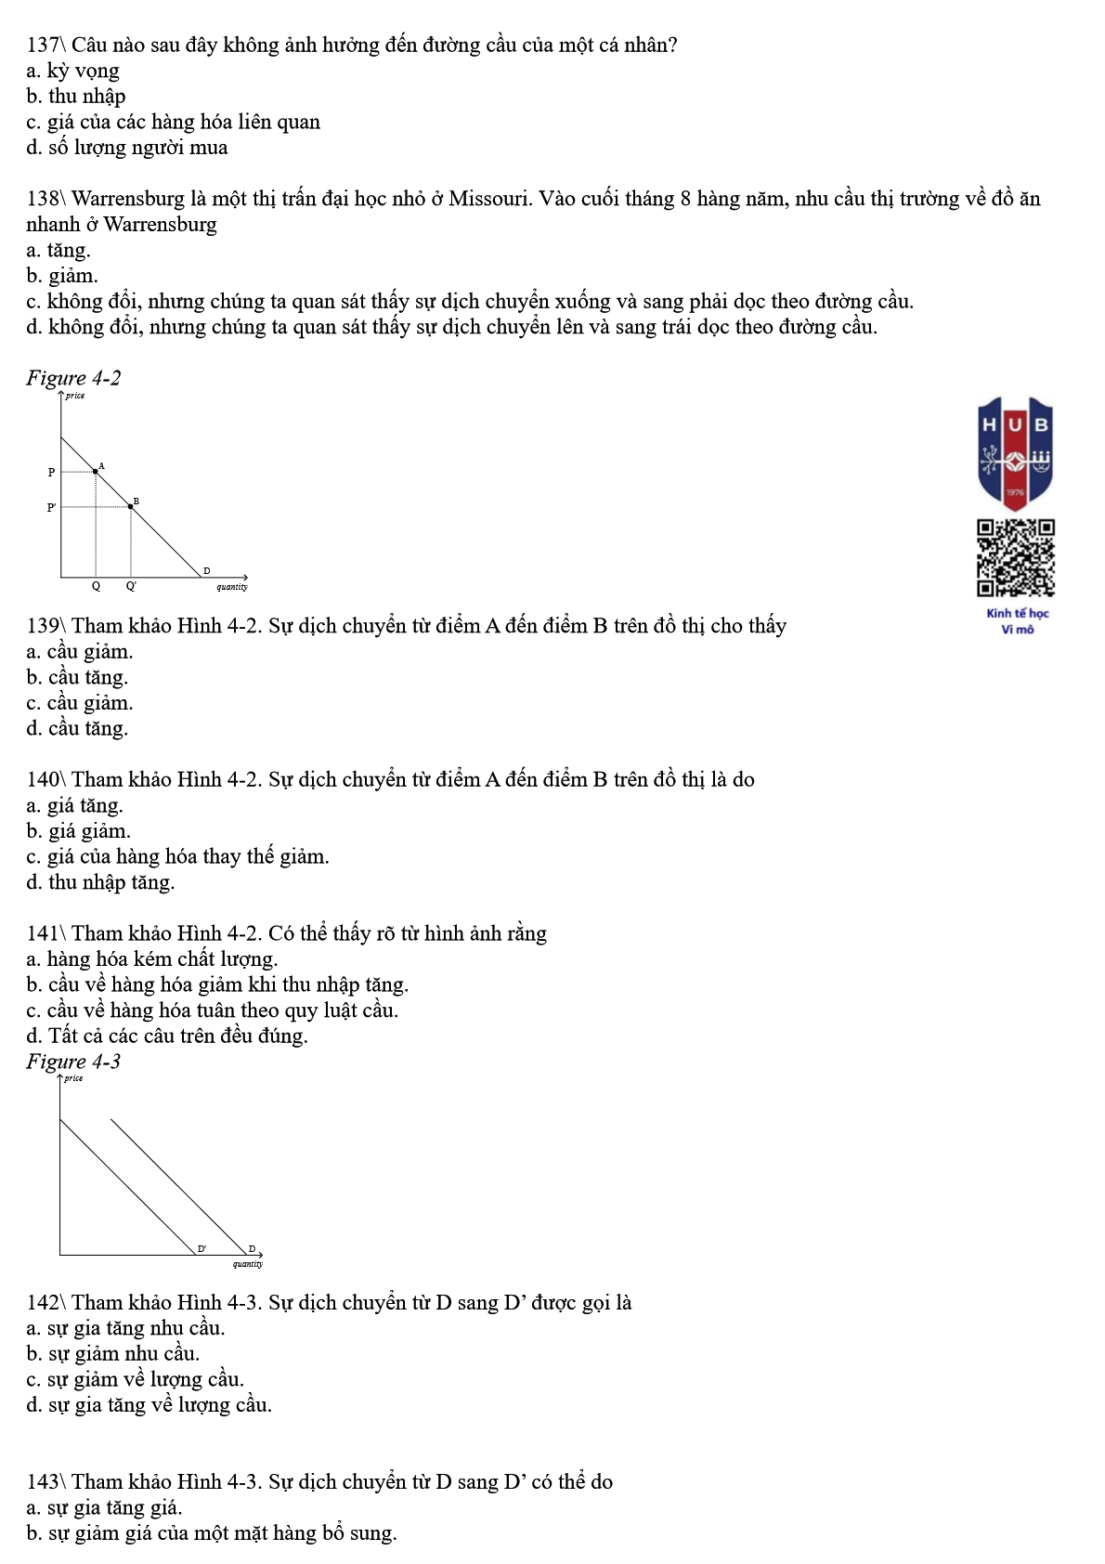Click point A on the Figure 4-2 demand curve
(x=96, y=472)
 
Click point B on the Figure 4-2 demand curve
(x=130, y=507)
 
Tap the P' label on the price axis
(x=52, y=508)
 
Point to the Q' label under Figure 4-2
(x=131, y=587)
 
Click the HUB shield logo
(x=1015, y=452)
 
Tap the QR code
(x=1015, y=557)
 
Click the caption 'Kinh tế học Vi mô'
(x=1017, y=621)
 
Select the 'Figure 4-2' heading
(x=73, y=378)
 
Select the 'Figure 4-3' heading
(x=73, y=1062)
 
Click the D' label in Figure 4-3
(x=201, y=1249)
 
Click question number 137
(x=42, y=45)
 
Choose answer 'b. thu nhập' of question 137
(x=76, y=97)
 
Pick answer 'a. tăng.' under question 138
(x=58, y=250)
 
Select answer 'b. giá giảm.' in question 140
(x=79, y=831)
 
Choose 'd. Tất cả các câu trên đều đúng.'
(x=167, y=1036)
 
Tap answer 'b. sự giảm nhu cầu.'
(x=113, y=1354)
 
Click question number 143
(x=42, y=1482)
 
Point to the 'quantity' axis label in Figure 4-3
(x=248, y=1264)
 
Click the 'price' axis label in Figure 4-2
(x=75, y=396)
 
